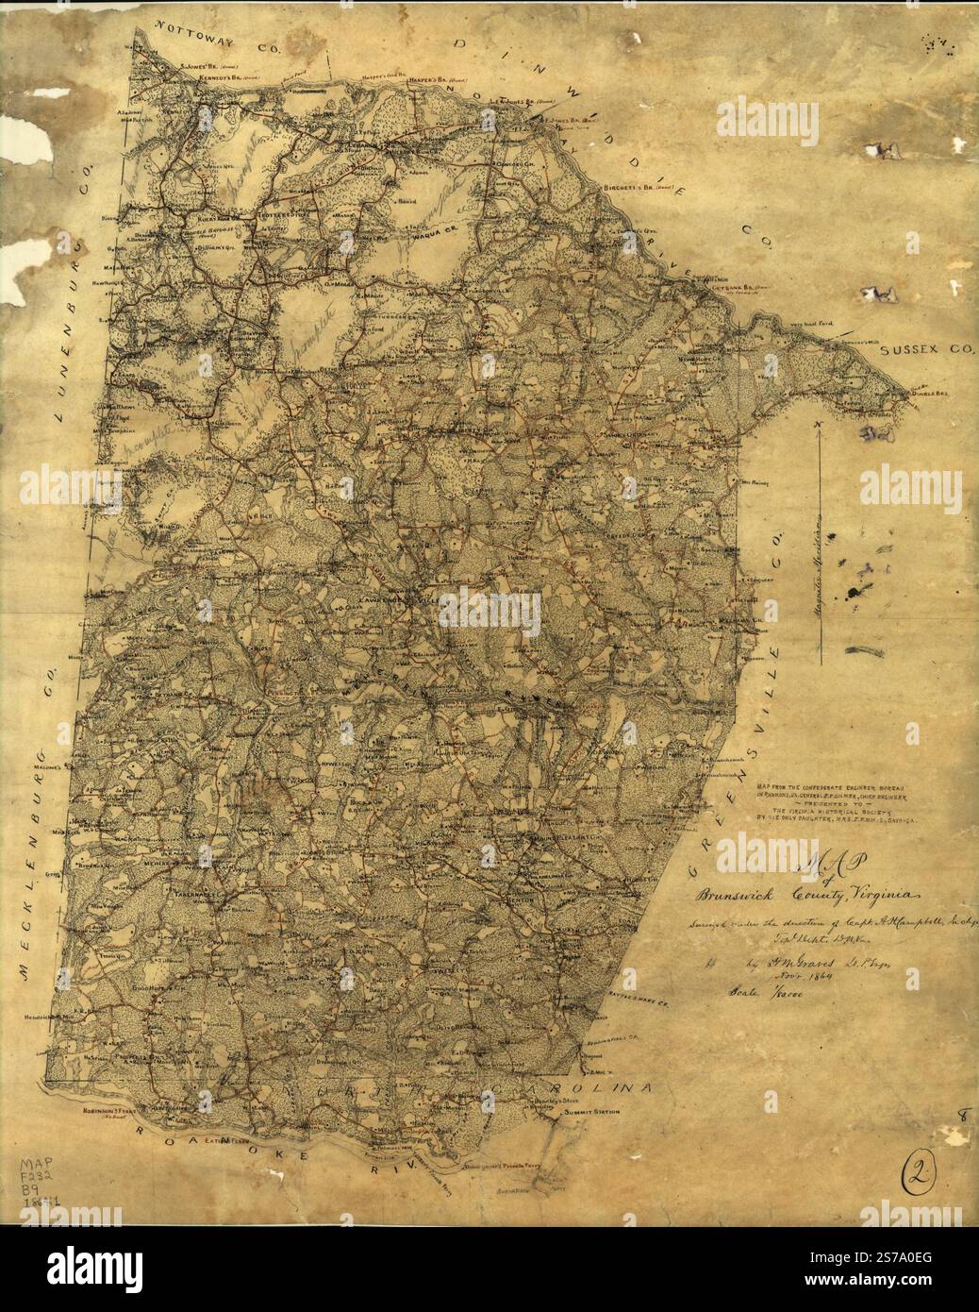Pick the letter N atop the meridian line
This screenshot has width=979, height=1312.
click(821, 427)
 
